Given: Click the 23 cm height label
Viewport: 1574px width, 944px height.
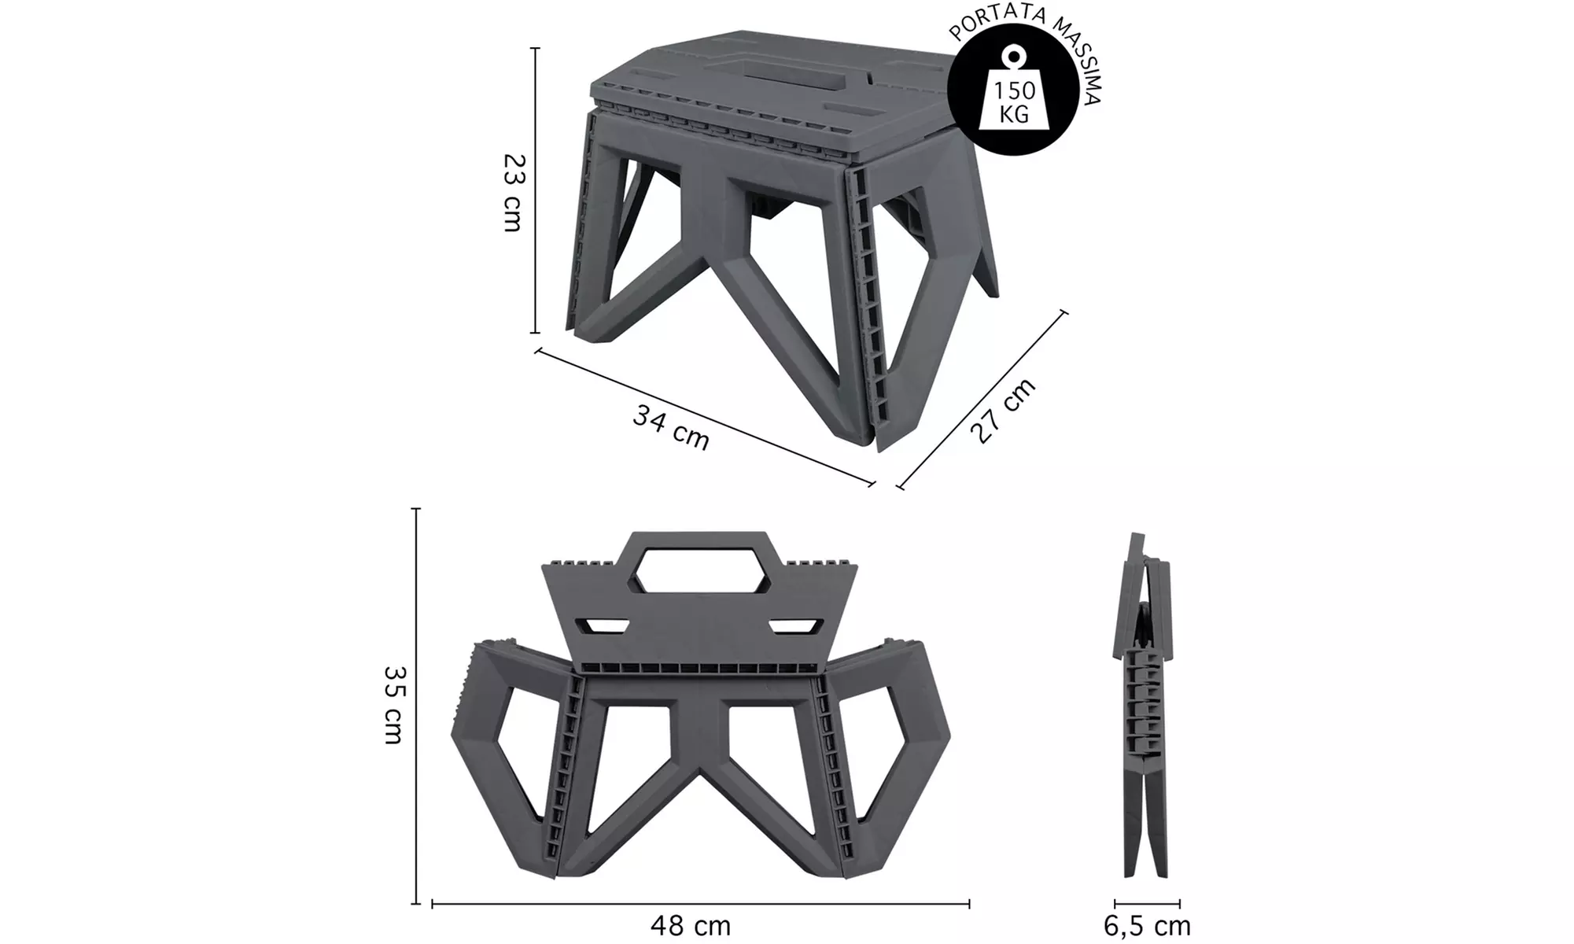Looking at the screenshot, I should click(x=513, y=192).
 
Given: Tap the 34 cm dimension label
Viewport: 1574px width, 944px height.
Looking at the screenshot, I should click(x=670, y=428).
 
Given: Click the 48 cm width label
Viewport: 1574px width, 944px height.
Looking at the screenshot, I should click(x=691, y=925).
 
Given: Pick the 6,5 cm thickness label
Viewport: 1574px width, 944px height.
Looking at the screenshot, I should click(x=1147, y=926).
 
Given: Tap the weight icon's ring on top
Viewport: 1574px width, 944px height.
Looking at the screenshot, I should click(x=1012, y=55).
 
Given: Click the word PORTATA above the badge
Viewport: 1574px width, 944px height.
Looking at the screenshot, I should click(x=987, y=22).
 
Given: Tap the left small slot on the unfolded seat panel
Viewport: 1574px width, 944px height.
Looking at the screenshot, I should click(x=604, y=626).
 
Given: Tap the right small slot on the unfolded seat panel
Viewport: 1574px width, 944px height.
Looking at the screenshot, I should click(x=794, y=626).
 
